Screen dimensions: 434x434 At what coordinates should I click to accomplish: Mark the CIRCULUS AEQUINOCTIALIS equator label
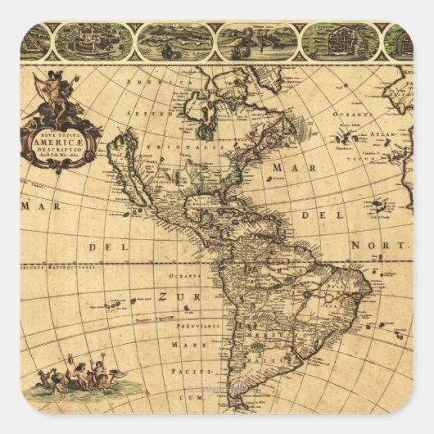57,266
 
